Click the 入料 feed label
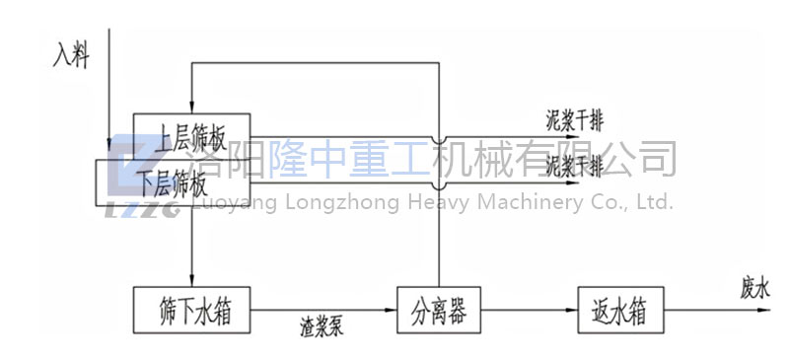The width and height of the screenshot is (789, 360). (72, 57)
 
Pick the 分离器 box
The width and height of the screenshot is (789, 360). (437, 311)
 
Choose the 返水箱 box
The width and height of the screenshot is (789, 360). (620, 311)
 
